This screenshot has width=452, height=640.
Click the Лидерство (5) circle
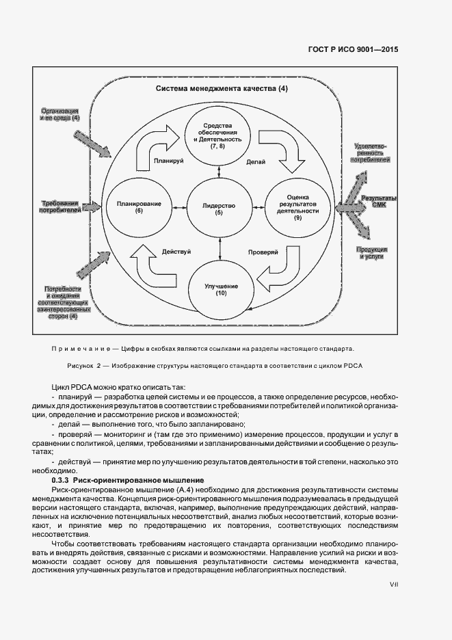(219, 209)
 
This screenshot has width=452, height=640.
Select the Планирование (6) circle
(139, 209)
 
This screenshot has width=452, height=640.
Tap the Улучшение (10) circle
(220, 289)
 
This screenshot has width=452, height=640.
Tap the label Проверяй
(261, 252)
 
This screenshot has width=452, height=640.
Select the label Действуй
(177, 252)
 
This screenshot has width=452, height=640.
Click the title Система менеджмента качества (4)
(222, 89)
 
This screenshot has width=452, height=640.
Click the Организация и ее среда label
(60, 114)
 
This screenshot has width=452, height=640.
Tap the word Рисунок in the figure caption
(83, 365)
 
